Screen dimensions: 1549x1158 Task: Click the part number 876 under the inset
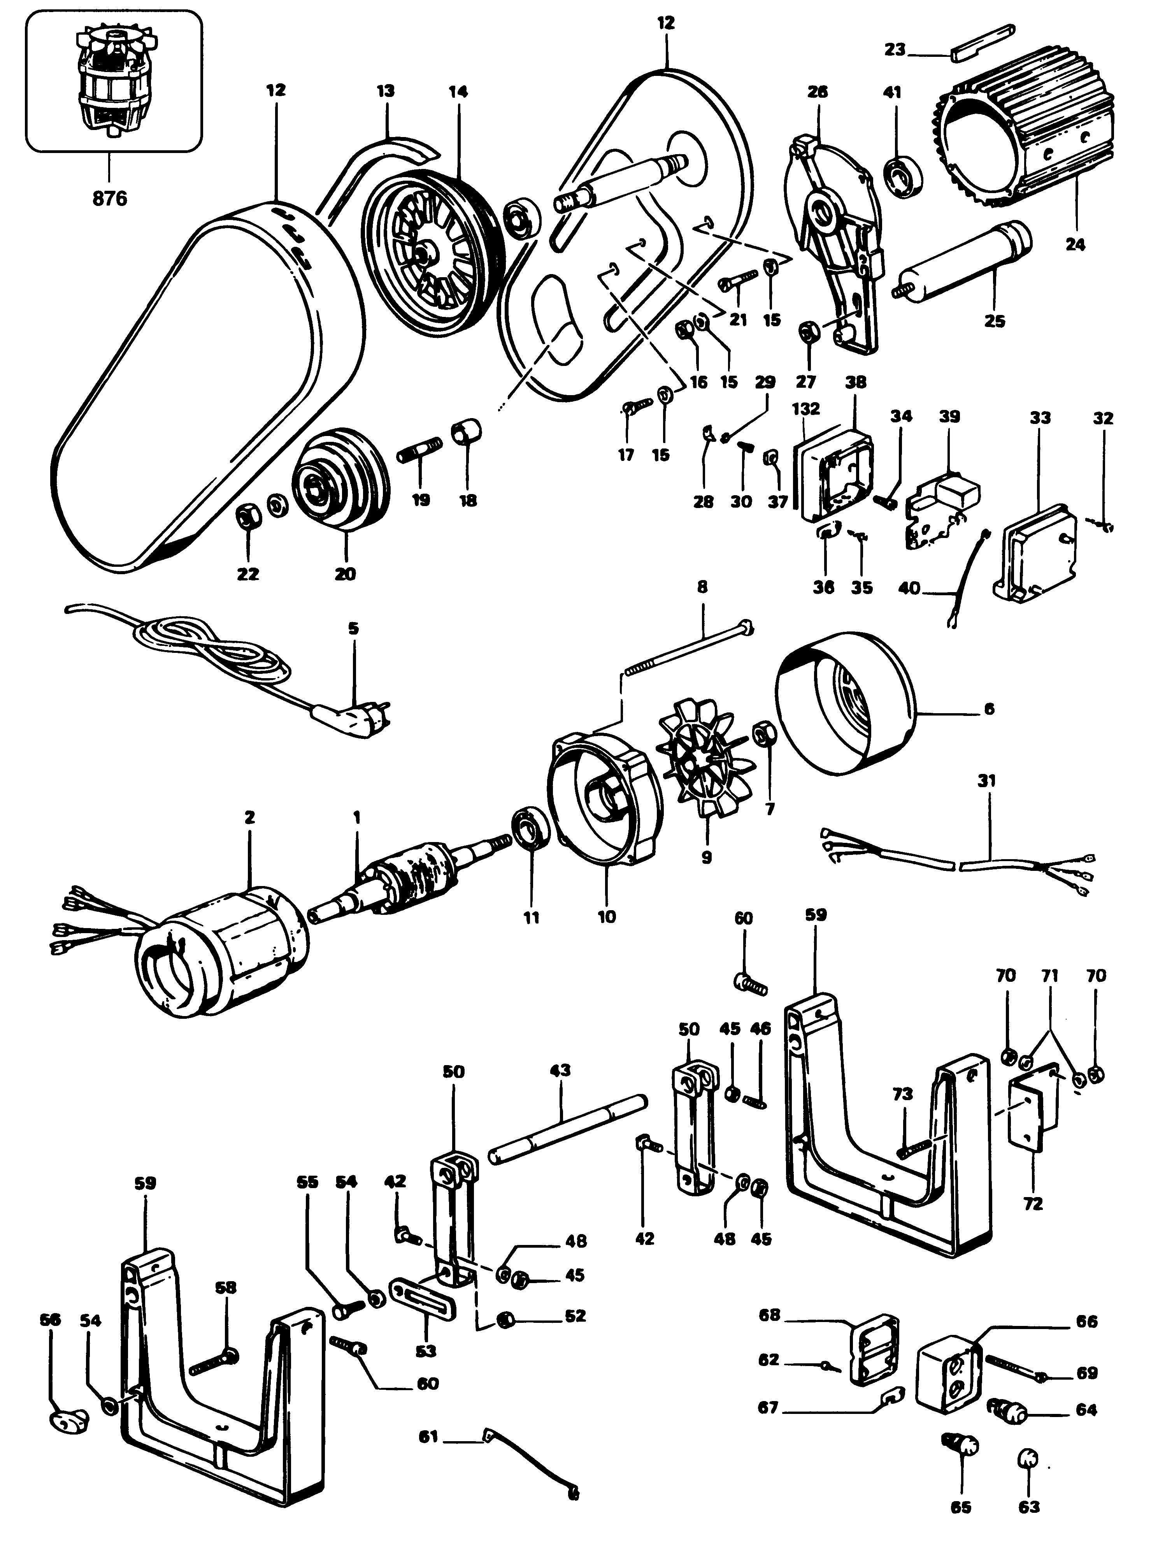109,199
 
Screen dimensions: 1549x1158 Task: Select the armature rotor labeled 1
399,886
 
